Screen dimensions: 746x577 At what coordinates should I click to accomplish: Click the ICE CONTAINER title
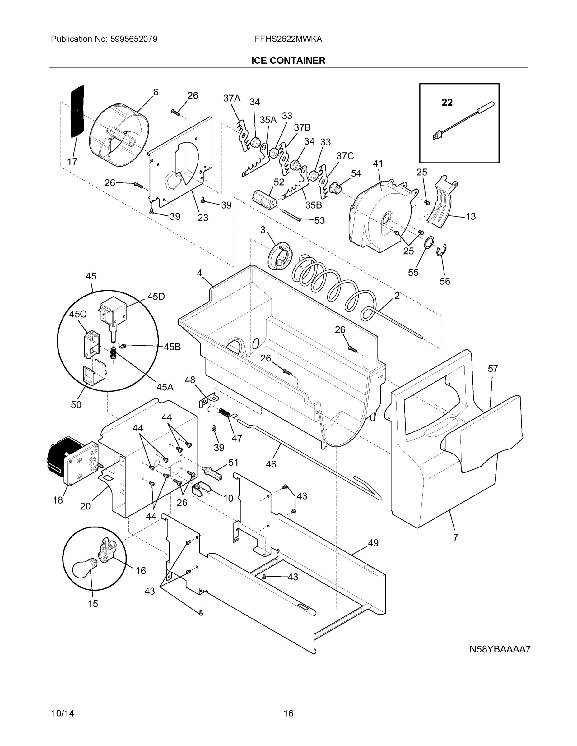click(288, 61)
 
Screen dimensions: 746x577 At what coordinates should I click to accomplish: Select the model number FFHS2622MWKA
click(288, 39)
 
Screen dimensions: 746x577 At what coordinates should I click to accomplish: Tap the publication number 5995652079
click(134, 39)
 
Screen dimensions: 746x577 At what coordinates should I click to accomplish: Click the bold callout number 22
click(447, 102)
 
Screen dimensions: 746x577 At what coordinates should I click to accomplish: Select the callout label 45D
click(156, 297)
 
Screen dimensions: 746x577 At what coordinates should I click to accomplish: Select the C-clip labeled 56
click(443, 250)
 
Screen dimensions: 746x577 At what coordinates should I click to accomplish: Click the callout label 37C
click(345, 156)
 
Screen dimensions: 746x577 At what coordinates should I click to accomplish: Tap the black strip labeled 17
click(77, 111)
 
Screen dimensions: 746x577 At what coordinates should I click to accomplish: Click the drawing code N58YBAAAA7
click(500, 649)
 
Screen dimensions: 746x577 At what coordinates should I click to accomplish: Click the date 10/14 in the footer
click(63, 713)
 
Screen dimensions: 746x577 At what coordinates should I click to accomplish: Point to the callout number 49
click(373, 542)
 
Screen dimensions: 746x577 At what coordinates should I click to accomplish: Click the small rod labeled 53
click(291, 215)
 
